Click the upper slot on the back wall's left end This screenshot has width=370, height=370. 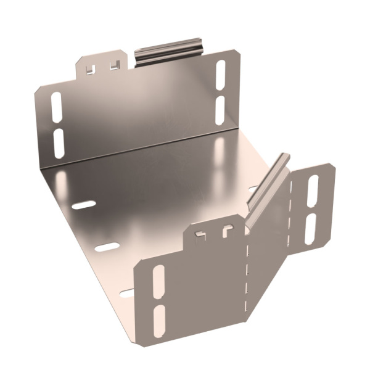point(55,108)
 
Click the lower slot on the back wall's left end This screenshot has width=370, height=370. point(59,142)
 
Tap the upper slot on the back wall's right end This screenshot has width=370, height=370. point(221,76)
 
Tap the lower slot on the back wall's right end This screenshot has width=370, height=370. point(220,109)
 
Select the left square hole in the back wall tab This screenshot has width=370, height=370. point(91,68)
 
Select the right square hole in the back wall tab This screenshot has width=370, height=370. point(113,65)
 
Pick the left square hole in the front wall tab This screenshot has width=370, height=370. point(200,236)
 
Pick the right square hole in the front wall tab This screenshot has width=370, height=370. point(228,231)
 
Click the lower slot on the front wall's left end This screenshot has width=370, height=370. point(160,318)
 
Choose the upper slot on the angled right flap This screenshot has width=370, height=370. point(313,191)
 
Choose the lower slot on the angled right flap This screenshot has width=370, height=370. point(310,228)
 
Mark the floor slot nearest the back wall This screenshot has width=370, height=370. point(83,204)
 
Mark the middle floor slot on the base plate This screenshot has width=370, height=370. point(107,247)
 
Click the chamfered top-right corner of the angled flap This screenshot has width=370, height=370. point(331,168)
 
